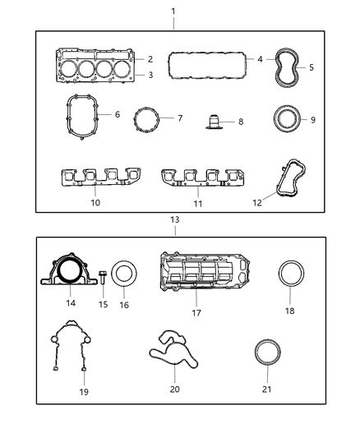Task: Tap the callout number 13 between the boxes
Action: (x=173, y=220)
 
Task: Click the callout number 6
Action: (x=117, y=114)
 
